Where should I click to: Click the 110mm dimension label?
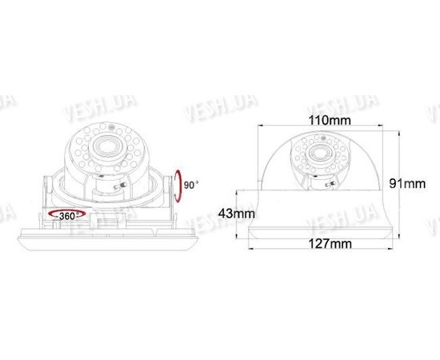click(330, 120)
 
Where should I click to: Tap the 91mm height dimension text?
click(407, 184)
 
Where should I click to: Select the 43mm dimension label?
click(237, 214)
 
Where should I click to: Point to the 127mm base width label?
click(330, 243)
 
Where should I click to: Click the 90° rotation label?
click(191, 185)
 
